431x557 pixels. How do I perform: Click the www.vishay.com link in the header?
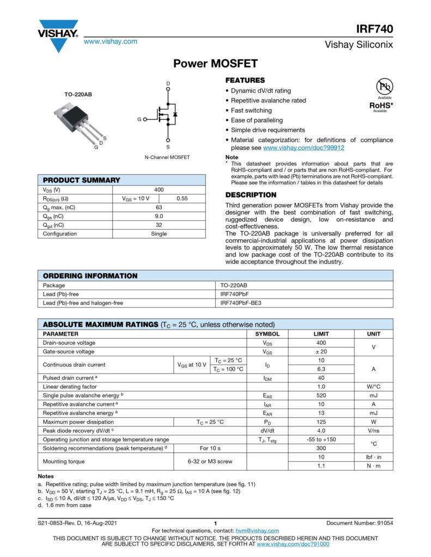(x=110, y=41)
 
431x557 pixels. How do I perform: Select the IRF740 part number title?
(x=375, y=29)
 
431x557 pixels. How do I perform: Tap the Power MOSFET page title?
(x=215, y=64)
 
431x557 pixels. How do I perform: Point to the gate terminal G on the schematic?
(x=139, y=119)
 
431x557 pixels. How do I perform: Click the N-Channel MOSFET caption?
(x=167, y=157)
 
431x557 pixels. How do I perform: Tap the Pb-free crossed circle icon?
(x=385, y=87)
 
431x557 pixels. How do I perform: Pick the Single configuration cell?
(x=159, y=233)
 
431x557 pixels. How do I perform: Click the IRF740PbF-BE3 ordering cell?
(x=241, y=303)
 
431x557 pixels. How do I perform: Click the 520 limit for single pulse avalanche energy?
(x=321, y=395)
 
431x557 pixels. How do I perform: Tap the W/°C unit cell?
(x=373, y=386)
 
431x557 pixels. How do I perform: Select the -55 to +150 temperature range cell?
(x=321, y=440)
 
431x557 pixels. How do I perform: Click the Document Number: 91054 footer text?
(x=360, y=523)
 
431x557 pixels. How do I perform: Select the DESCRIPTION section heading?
(x=251, y=195)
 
